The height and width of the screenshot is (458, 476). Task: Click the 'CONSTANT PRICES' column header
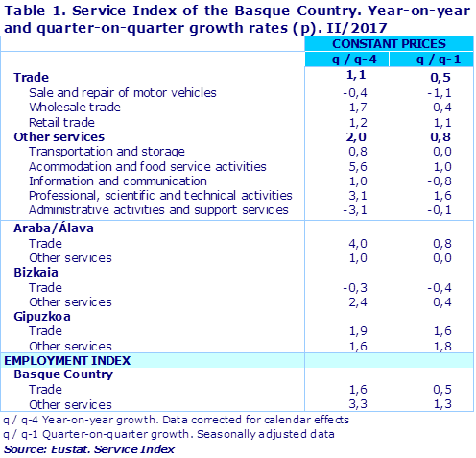389,44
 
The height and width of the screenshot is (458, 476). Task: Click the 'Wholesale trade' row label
74,108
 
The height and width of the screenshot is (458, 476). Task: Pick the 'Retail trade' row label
63,122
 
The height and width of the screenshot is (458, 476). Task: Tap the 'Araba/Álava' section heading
55,228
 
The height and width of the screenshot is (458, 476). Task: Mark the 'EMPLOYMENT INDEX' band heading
66,360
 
